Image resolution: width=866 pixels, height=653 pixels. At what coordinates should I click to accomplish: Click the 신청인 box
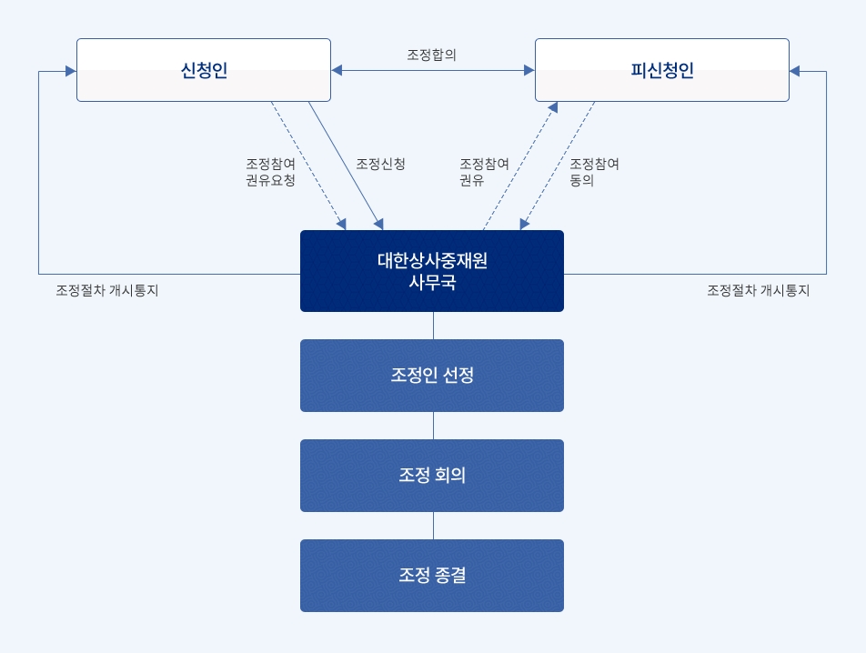204,70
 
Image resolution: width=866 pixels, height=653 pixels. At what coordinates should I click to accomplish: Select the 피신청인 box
662,70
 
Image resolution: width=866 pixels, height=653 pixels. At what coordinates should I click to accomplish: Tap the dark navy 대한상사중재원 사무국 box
432,271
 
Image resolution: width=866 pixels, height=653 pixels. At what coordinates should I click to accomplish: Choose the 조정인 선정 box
432,376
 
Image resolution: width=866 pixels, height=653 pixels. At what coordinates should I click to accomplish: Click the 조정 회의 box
432,476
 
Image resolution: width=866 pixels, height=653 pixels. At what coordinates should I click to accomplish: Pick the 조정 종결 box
432,575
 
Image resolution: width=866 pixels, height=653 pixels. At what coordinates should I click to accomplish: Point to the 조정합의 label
431,55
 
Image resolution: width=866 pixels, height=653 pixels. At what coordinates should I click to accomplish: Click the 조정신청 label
380,164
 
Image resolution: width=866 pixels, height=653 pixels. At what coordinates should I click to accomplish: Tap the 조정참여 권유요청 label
271,172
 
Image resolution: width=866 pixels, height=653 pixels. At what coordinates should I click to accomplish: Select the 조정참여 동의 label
594,172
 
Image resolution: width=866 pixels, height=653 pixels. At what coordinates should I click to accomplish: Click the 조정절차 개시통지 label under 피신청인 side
759,290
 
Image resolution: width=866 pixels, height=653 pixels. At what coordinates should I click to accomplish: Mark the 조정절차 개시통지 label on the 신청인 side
107,290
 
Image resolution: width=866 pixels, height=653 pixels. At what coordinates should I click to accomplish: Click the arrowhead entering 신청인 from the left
71,71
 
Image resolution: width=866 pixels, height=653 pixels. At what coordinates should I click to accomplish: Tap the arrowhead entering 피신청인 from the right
795,71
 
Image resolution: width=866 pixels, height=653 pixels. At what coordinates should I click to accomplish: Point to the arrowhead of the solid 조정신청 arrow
378,224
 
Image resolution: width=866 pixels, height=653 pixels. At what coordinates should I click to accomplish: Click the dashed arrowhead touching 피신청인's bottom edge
553,107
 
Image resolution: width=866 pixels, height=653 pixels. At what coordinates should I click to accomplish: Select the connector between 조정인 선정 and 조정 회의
434,426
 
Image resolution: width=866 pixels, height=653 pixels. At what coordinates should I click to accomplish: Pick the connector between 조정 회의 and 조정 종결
434,526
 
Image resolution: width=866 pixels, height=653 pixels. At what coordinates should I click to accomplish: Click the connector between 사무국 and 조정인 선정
434,326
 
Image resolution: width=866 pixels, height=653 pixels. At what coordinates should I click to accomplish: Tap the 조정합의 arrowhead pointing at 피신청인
529,70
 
